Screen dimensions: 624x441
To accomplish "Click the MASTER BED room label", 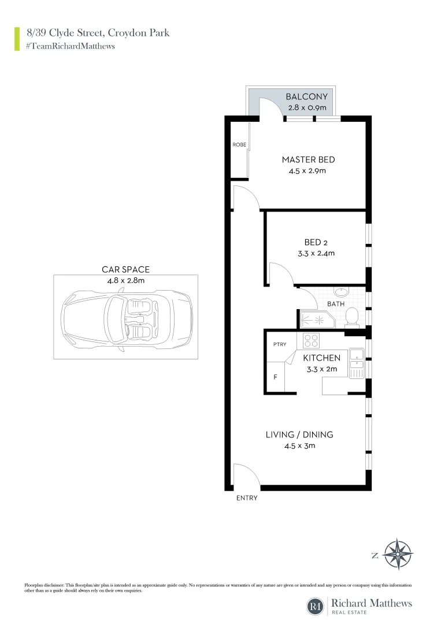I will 308,159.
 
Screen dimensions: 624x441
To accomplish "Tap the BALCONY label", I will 307,97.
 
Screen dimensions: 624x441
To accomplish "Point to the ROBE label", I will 239,144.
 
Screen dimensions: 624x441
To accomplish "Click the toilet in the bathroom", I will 351,317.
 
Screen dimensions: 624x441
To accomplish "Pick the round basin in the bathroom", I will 342,292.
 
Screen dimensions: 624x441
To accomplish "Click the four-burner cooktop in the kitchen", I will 312,340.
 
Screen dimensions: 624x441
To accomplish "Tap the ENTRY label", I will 246,498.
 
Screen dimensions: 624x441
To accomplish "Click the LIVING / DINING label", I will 299,434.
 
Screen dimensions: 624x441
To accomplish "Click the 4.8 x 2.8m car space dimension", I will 125,280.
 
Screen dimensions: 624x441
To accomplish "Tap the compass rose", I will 399,554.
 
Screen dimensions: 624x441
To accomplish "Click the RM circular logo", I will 315,606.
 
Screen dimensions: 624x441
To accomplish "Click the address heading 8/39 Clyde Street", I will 98,33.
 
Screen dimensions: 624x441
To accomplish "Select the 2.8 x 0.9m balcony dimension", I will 307,108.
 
